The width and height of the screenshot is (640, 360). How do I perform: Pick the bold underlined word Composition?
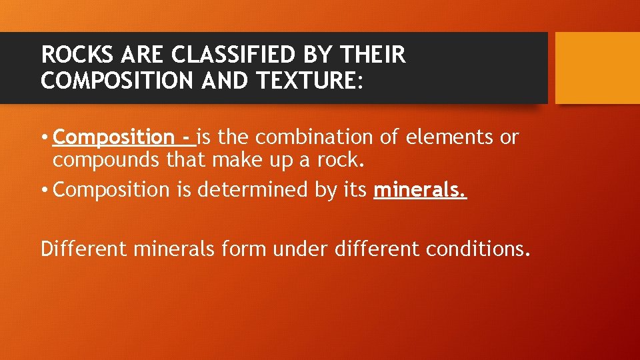pyautogui.click(x=113, y=137)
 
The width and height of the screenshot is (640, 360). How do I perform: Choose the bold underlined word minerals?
pyautogui.click(x=420, y=190)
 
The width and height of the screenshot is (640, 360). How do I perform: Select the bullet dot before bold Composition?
pyautogui.click(x=45, y=138)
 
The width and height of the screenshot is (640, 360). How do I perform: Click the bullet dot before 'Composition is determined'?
pyautogui.click(x=45, y=191)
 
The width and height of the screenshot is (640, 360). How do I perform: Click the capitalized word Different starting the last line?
pyautogui.click(x=84, y=249)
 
